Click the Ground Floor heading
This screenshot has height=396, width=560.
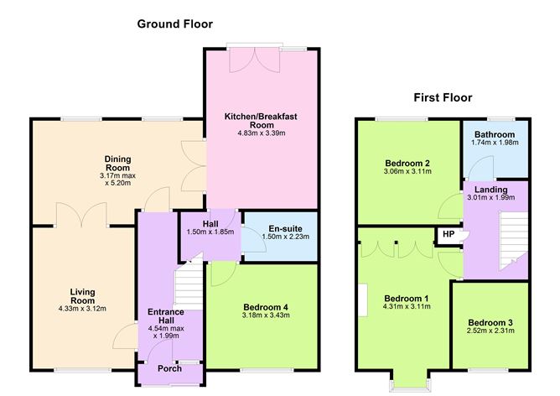point(174,24)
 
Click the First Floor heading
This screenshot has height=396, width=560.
point(443,98)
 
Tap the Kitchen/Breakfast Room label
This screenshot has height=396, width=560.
point(261,118)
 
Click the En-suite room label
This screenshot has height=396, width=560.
point(279,227)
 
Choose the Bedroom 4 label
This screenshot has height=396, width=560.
point(262,307)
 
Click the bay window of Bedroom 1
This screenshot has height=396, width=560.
point(409,379)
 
